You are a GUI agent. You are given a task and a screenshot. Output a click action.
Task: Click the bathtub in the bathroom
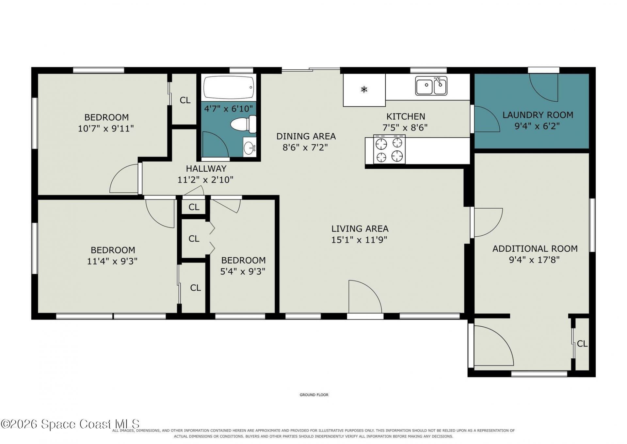229,88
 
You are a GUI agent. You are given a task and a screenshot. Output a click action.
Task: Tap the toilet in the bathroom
244,124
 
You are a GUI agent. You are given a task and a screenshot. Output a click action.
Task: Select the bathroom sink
250,147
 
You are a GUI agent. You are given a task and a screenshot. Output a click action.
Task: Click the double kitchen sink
431,86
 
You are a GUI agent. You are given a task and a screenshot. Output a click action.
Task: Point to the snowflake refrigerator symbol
364,89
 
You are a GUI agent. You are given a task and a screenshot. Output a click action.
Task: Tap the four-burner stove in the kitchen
389,149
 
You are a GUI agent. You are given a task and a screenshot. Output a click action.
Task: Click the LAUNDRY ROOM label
538,115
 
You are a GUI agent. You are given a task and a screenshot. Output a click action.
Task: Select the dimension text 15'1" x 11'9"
359,240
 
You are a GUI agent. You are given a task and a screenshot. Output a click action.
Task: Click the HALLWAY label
206,169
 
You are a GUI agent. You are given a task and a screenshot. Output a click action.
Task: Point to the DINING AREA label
306,136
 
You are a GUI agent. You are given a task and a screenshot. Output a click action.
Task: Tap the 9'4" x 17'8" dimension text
534,260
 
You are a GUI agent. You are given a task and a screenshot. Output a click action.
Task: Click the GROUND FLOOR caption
314,395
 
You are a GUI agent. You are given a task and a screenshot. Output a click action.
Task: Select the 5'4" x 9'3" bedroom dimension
243,271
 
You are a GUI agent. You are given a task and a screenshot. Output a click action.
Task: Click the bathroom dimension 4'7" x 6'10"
228,109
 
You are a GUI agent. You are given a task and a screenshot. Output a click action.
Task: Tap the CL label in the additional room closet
582,344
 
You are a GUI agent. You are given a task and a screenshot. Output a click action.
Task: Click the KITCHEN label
406,116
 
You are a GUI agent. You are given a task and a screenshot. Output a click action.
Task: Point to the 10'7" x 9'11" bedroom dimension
106,128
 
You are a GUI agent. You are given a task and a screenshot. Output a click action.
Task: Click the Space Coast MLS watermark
70,424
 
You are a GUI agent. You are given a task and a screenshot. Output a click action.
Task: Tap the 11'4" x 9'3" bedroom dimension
112,261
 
